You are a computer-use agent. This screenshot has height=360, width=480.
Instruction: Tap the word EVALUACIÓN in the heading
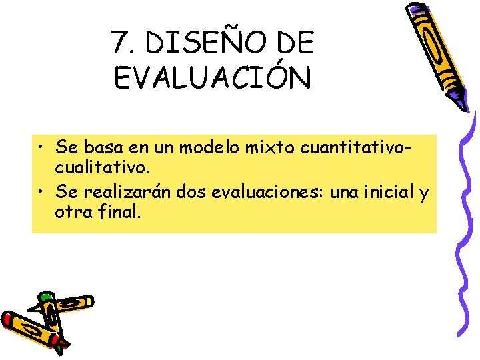tap(212, 79)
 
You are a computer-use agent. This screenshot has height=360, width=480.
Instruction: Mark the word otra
tap(73, 214)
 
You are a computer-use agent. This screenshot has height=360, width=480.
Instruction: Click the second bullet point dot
tap(41, 193)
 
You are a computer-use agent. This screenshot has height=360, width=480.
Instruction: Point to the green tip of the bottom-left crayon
tap(45, 297)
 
